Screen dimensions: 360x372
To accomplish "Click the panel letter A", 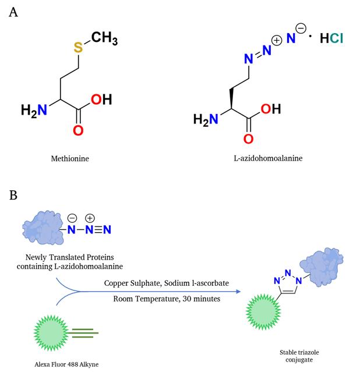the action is pos(13,12).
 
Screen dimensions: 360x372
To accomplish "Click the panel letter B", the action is pos(13,195).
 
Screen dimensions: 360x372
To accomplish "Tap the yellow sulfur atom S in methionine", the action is pos(78,48).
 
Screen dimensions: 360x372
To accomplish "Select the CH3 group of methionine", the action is pos(104,38).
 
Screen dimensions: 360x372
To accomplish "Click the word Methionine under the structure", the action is pos(70,158).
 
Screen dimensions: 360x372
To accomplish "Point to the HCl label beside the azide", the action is pos(331,38).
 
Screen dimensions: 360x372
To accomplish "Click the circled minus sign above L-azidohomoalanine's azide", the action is pos(301,29).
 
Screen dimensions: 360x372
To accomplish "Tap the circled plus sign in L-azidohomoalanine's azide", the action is pos(277,40).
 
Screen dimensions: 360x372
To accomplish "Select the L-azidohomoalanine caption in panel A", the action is pos(268,158).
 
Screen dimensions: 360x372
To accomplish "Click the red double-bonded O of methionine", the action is pos(78,130).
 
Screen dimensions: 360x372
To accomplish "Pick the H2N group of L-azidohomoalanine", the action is pos(206,119).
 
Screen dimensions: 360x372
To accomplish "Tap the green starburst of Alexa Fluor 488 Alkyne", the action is pos(51,333).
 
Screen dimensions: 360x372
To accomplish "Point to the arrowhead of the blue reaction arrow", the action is pos(238,291).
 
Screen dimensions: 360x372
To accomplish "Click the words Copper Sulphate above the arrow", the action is pos(133,283).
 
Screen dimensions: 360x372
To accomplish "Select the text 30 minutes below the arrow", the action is pos(202,299).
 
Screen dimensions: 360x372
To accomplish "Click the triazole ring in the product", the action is pos(288,284).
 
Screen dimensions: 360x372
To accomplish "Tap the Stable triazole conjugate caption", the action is pos(299,356).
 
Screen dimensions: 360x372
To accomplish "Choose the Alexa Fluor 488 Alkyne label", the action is pos(66,364).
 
